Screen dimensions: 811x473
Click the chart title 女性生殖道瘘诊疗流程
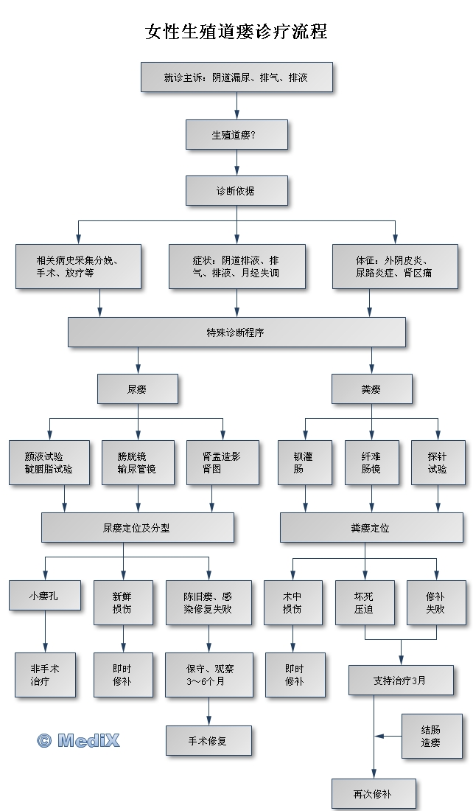236,32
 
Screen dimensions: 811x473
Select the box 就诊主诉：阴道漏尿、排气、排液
236,77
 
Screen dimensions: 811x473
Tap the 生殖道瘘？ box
236,135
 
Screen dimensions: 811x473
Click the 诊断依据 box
236,191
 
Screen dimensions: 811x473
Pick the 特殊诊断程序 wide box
236,332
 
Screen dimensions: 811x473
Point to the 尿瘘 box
138,389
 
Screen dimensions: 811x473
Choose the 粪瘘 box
371,389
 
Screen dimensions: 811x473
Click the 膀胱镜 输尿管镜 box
137,462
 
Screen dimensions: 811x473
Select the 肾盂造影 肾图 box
222,462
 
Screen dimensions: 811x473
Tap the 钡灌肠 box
304,462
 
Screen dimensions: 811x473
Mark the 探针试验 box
438,462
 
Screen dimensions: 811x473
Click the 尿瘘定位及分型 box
137,528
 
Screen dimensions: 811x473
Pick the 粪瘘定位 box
371,528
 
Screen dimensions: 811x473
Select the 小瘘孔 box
45,595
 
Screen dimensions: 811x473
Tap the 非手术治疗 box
45,675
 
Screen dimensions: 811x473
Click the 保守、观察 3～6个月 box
209,675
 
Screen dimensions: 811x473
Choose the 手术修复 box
209,740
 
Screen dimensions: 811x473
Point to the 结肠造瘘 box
432,736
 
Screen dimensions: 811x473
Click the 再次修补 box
373,794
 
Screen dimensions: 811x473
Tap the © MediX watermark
78,740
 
